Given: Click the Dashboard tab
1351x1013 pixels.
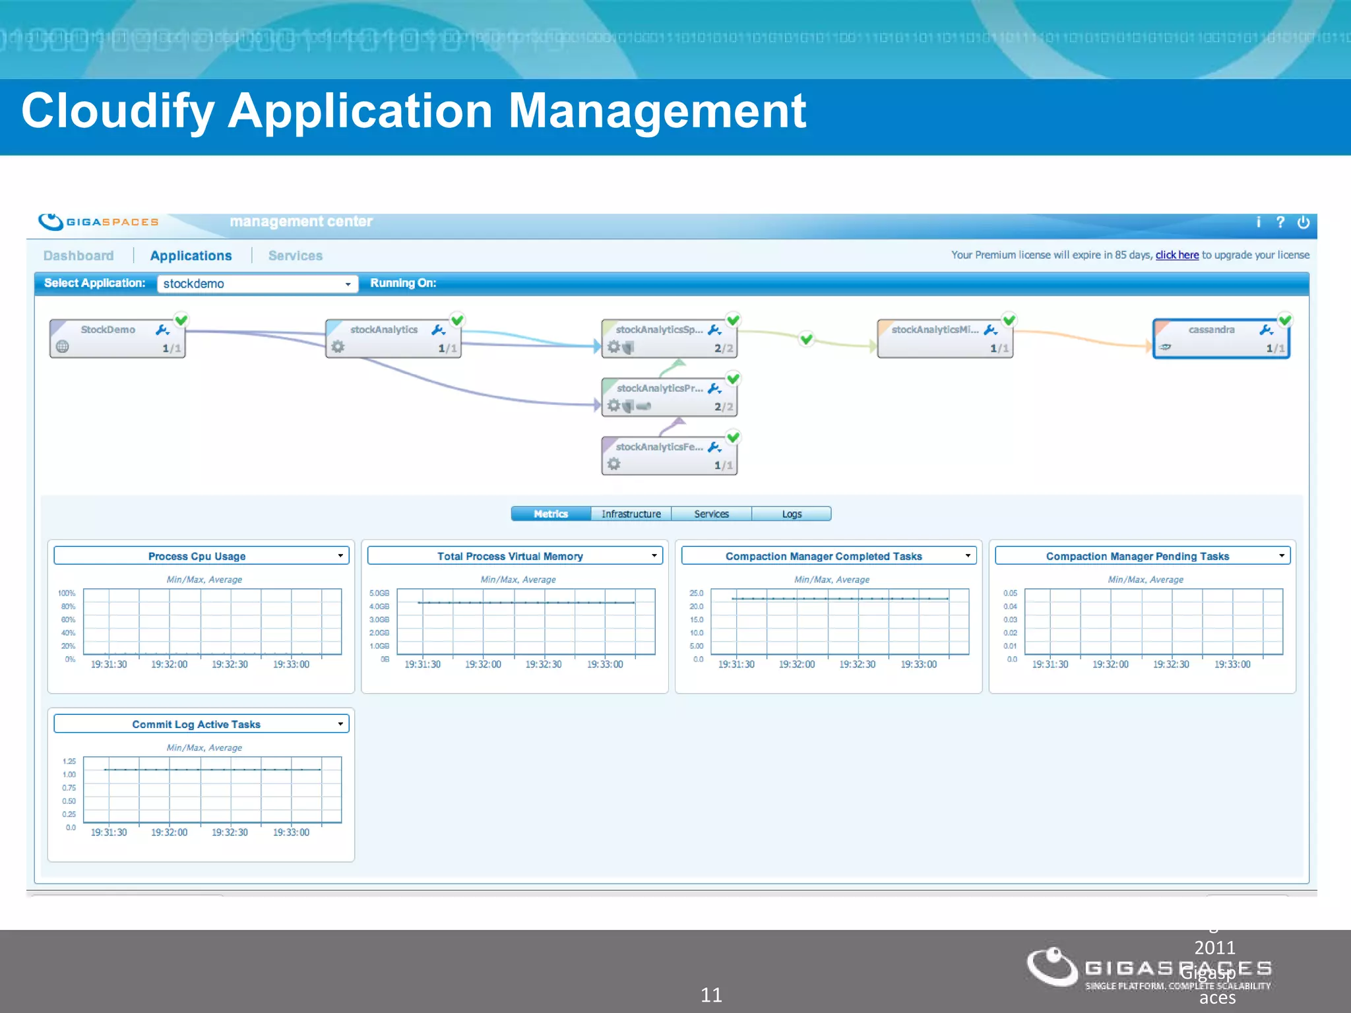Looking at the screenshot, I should click(x=79, y=256).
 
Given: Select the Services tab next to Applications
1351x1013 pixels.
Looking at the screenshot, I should click(x=295, y=256).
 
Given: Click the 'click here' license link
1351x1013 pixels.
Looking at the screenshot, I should click(x=1177, y=255).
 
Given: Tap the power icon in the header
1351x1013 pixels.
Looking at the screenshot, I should click(x=1303, y=223).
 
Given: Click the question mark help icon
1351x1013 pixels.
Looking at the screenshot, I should click(x=1280, y=222).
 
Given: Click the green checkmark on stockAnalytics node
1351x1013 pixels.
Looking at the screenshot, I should click(x=457, y=321).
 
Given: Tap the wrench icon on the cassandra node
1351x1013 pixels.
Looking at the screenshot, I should click(x=1266, y=330).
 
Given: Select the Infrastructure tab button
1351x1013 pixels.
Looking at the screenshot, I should click(x=631, y=514).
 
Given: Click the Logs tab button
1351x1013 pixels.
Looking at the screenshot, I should click(x=792, y=514).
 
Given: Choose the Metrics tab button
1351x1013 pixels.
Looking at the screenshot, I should click(x=551, y=514).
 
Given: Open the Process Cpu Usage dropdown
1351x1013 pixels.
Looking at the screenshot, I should click(x=340, y=556).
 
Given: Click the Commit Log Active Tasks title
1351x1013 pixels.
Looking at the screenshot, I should click(x=196, y=724).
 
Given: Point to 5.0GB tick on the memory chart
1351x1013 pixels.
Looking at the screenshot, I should click(x=379, y=593).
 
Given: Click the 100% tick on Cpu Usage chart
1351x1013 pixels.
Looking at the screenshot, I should click(x=67, y=593).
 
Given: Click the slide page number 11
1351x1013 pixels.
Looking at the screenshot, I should click(x=711, y=995).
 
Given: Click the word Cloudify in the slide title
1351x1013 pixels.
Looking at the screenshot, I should click(x=117, y=111).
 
